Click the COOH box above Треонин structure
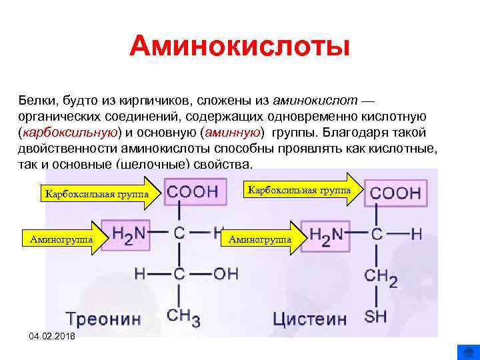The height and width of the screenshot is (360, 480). pyautogui.click(x=193, y=192)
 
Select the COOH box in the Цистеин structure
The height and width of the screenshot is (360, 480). pyautogui.click(x=395, y=193)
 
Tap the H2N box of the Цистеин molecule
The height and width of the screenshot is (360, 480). pyautogui.click(x=327, y=235)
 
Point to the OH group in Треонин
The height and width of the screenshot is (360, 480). pyautogui.click(x=225, y=273)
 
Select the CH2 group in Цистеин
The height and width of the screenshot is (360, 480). pyautogui.click(x=381, y=275)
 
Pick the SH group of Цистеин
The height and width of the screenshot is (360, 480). pyautogui.click(x=375, y=315)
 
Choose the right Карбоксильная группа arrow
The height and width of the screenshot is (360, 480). pyautogui.click(x=303, y=190)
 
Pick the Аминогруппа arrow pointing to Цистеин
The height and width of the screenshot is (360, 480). pyautogui.click(x=263, y=238)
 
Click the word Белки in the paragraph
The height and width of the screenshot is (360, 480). pyautogui.click(x=38, y=100)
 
